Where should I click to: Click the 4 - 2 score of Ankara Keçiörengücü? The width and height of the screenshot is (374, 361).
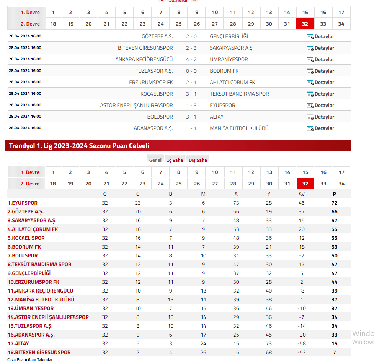click(x=191, y=59)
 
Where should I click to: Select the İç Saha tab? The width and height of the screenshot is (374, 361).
click(x=175, y=160)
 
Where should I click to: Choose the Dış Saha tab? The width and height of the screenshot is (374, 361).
click(x=198, y=160)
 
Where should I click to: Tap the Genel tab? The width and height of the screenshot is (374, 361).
click(x=155, y=160)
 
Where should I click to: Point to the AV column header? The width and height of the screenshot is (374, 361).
click(x=302, y=194)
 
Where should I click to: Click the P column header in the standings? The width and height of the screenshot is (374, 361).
click(x=335, y=194)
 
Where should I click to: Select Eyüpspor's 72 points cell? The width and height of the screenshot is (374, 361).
click(x=335, y=203)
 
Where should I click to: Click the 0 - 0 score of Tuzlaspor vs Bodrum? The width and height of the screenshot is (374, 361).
click(x=191, y=71)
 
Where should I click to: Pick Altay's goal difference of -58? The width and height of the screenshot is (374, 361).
click(x=302, y=343)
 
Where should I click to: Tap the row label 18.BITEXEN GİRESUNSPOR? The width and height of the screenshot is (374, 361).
click(x=39, y=352)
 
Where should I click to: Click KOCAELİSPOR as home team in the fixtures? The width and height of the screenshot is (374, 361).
click(x=157, y=94)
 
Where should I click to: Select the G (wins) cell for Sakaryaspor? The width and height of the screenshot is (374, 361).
click(x=138, y=220)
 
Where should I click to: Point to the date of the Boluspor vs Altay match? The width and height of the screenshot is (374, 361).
click(x=25, y=117)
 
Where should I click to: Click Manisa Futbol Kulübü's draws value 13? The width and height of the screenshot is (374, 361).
click(x=171, y=299)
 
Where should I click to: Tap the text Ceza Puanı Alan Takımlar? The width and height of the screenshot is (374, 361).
click(x=30, y=359)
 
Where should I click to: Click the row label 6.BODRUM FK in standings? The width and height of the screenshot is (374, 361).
click(x=24, y=247)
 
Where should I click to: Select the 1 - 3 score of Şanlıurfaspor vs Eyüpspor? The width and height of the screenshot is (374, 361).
click(x=191, y=105)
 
